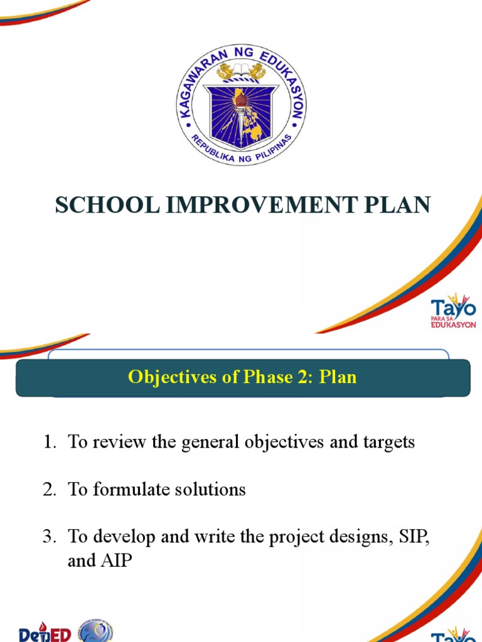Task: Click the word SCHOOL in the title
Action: pos(107,205)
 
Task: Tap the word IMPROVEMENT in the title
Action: pos(262,205)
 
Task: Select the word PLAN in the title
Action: pos(397,205)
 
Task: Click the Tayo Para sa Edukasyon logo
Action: pos(453,311)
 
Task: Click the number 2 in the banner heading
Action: pos(302,377)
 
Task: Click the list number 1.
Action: pos(50,442)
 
